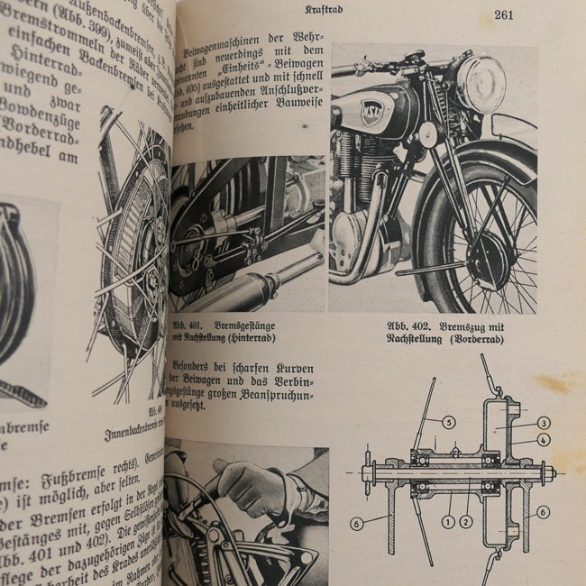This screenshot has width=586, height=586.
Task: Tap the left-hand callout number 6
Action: tap(358, 524)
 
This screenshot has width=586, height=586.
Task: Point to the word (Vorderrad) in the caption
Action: tap(476, 341)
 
